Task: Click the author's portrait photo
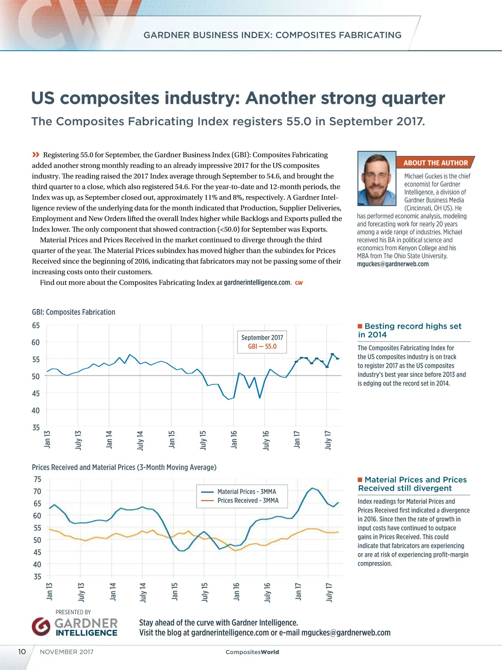pos(377,178)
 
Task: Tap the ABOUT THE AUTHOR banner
pos(435,163)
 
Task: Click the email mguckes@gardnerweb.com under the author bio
pos(392,264)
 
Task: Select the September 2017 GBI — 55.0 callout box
pos(262,342)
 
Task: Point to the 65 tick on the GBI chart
pos(36,325)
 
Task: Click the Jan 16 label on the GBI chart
pos(234,439)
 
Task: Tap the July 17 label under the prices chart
pos(329,592)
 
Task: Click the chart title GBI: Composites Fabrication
pos(74,312)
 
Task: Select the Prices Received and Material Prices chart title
pos(124,467)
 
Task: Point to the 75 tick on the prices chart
pos(38,479)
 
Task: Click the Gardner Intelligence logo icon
pos(41,626)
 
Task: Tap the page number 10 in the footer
pos(22,652)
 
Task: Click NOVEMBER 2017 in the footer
pos(67,652)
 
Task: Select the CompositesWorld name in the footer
pos(252,652)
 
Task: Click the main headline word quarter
pos(413,98)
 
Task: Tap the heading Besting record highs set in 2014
pos(410,330)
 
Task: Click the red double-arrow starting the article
pos(36,155)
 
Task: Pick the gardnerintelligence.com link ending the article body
pos(257,283)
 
